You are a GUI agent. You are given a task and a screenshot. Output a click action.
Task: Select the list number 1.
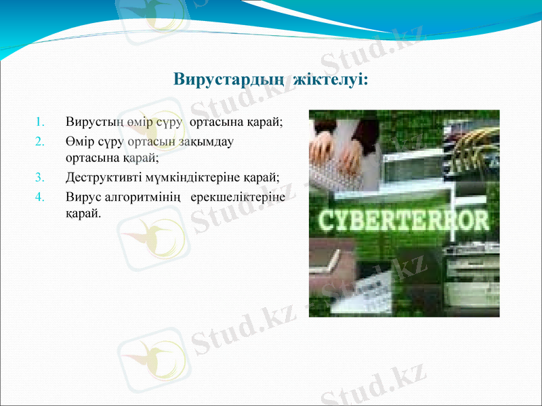point(39,123)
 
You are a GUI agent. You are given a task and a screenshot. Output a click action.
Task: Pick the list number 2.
point(39,142)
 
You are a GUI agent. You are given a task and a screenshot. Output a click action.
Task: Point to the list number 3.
point(39,179)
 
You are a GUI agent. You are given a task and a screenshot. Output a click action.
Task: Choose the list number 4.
point(39,198)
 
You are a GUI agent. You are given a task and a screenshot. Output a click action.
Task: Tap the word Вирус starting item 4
point(83,198)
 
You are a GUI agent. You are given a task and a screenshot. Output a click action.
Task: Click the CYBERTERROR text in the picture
point(404,221)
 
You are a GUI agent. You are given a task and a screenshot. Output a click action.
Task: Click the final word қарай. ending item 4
point(83,214)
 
